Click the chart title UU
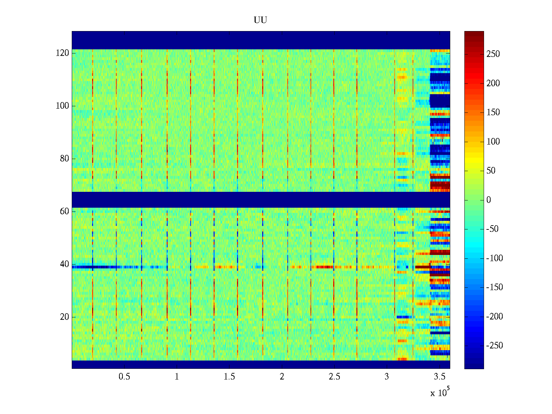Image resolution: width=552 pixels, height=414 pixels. pyautogui.click(x=260, y=20)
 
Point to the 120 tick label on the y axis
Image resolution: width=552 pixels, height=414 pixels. pyautogui.click(x=62, y=53)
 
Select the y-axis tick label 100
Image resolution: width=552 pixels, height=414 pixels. pyautogui.click(x=62, y=106)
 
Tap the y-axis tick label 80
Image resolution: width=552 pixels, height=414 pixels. pyautogui.click(x=65, y=159)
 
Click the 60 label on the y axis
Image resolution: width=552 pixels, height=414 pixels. pyautogui.click(x=65, y=211)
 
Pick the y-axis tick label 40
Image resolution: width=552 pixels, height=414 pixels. pyautogui.click(x=65, y=264)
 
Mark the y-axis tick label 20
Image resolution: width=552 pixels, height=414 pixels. pyautogui.click(x=65, y=317)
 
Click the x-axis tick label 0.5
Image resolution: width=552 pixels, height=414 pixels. pyautogui.click(x=124, y=377)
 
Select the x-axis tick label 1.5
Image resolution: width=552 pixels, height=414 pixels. pyautogui.click(x=229, y=377)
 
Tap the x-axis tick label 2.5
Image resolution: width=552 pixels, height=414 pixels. pyautogui.click(x=334, y=377)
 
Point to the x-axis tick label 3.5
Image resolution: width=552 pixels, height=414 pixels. pyautogui.click(x=440, y=377)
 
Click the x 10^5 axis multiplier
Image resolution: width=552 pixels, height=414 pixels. pyautogui.click(x=440, y=393)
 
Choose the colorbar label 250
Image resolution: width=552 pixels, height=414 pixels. pyautogui.click(x=493, y=54)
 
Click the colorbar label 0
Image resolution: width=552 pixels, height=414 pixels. pyautogui.click(x=489, y=200)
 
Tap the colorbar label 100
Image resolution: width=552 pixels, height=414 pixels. pyautogui.click(x=493, y=142)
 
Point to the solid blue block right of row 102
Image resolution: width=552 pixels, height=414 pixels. pyautogui.click(x=440, y=101)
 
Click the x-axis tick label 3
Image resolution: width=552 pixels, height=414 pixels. pyautogui.click(x=387, y=377)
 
